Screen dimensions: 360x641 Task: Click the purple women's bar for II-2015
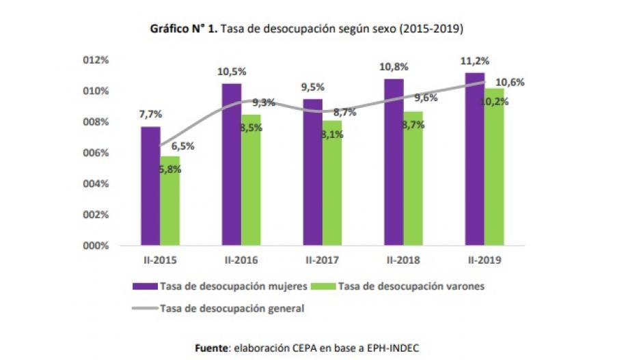click(151, 186)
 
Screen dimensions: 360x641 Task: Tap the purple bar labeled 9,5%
click(312, 172)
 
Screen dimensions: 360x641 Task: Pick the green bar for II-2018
click(412, 178)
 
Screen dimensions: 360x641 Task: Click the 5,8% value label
click(170, 169)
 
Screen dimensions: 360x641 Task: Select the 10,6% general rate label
click(510, 82)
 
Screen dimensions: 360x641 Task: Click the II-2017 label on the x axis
click(323, 260)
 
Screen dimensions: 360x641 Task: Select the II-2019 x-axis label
click(485, 260)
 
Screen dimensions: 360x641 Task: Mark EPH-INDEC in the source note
click(390, 348)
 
